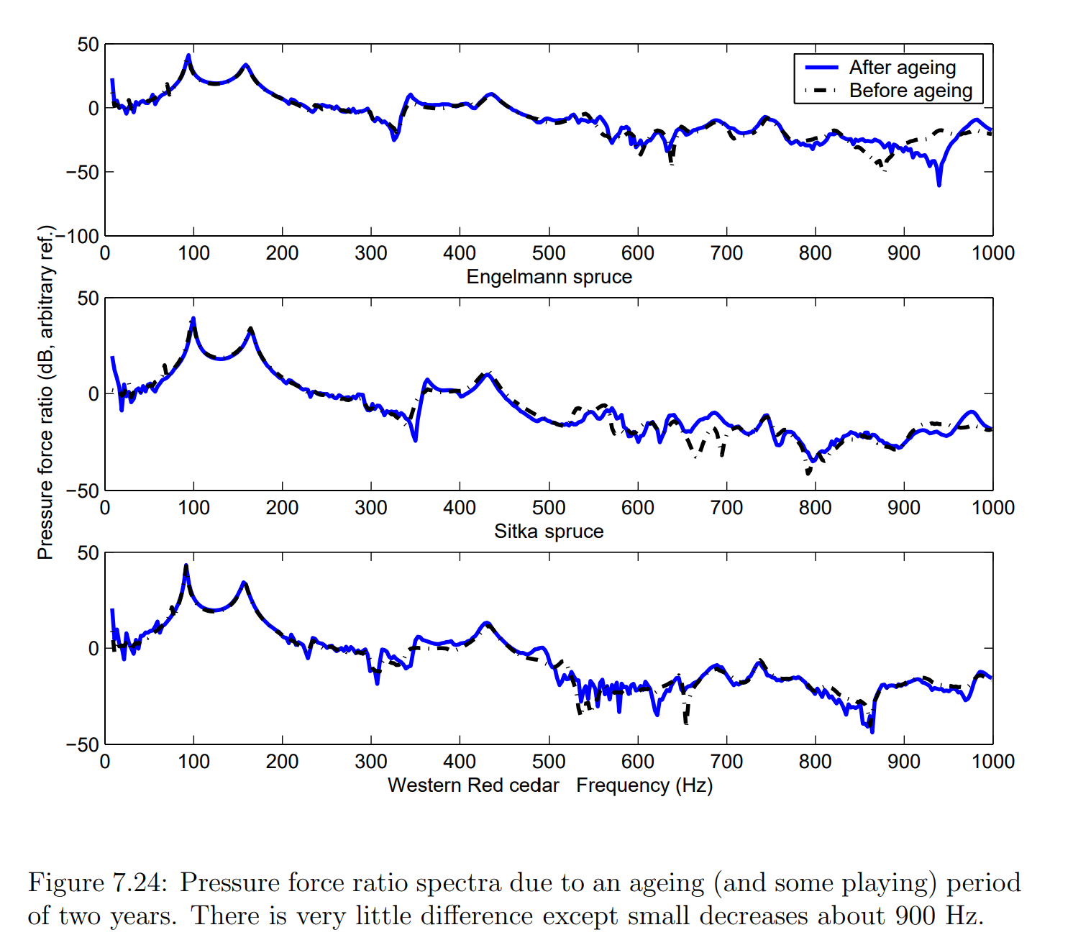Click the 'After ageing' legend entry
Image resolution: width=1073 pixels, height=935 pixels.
(x=902, y=68)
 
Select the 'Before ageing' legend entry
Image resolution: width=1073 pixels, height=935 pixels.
(x=910, y=91)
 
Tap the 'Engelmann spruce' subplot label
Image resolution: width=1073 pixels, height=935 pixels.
(x=549, y=277)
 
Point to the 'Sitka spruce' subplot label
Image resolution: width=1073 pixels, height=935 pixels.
(x=549, y=532)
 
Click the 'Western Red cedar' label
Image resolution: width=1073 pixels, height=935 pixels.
(x=473, y=785)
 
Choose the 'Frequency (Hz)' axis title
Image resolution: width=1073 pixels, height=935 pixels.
(x=644, y=785)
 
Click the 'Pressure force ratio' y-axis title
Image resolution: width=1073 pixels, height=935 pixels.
(x=45, y=393)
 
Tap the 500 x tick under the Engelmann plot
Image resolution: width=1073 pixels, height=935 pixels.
(x=549, y=253)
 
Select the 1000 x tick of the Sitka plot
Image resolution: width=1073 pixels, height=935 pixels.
(x=992, y=508)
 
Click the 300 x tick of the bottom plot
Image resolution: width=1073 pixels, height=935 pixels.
(x=371, y=762)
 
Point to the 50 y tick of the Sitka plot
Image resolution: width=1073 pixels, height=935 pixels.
(x=88, y=298)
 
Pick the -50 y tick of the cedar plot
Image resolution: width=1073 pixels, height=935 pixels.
(x=82, y=745)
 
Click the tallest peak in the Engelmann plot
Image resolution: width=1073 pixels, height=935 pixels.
(x=188, y=55)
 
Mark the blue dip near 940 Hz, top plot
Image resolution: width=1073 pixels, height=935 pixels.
(x=939, y=184)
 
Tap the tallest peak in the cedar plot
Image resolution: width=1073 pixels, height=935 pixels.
(x=186, y=566)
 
